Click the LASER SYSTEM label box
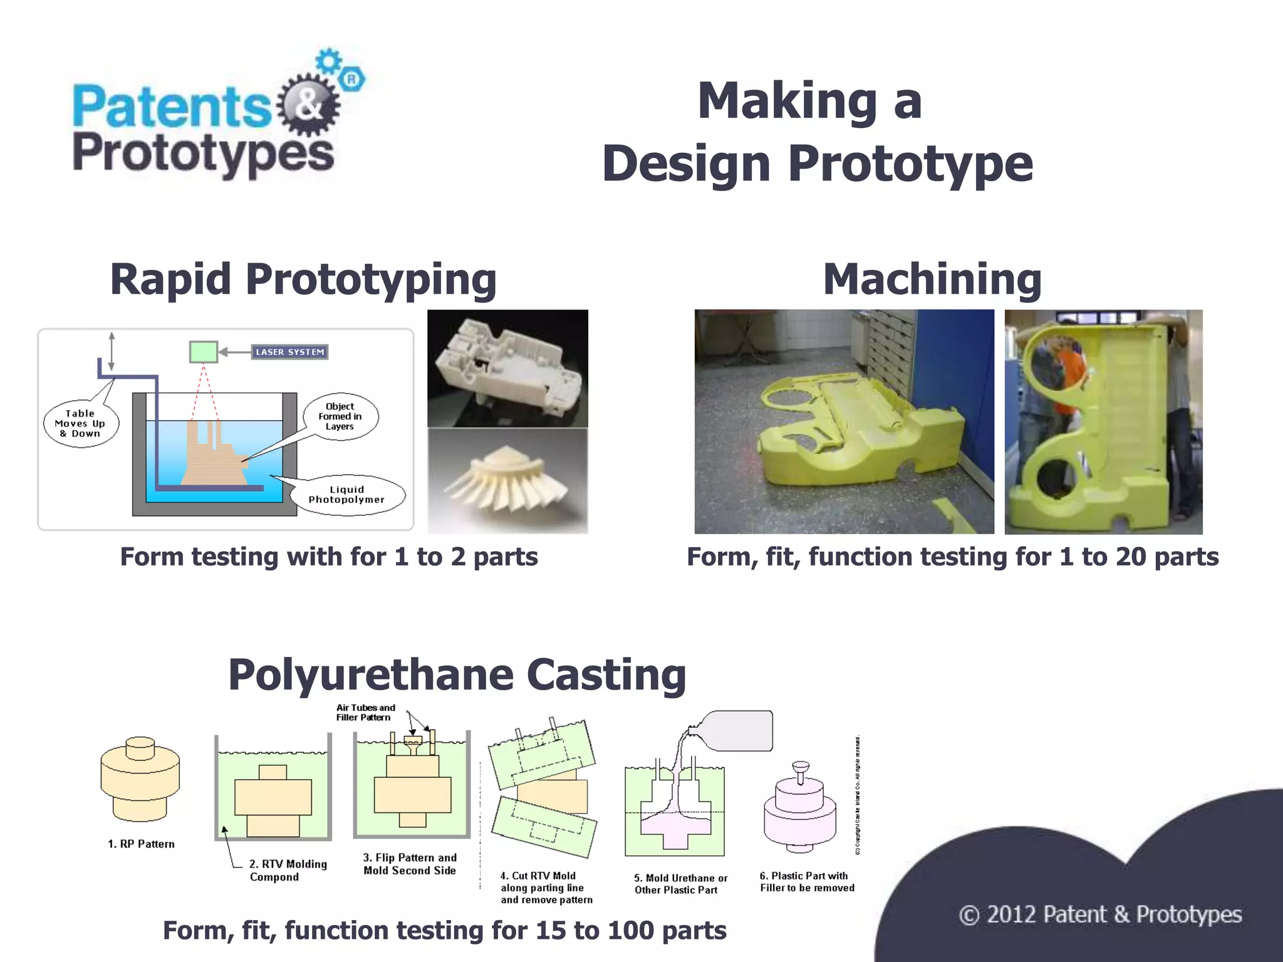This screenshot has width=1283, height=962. tap(289, 352)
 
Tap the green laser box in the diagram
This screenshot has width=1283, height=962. tap(204, 351)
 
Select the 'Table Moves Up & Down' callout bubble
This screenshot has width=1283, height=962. tap(81, 424)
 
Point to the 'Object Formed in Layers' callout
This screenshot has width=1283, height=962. tap(340, 416)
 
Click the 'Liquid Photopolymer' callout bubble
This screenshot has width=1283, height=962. tap(347, 495)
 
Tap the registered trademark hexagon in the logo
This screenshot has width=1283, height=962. tap(352, 80)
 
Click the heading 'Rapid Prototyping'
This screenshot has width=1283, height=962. tap(303, 279)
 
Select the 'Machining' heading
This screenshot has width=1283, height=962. tap(932, 279)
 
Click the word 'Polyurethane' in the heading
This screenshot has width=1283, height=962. tap(371, 675)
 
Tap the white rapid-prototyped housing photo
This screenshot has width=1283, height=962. tap(507, 368)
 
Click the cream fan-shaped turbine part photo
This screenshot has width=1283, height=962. tap(507, 481)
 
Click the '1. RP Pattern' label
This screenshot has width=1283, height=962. tap(141, 844)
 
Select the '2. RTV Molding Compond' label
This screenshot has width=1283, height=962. tap(288, 871)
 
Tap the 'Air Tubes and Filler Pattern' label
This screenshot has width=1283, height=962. tap(365, 713)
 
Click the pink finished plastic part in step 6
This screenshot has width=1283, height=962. tap(800, 811)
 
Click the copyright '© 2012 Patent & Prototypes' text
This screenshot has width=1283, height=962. tap(1100, 915)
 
